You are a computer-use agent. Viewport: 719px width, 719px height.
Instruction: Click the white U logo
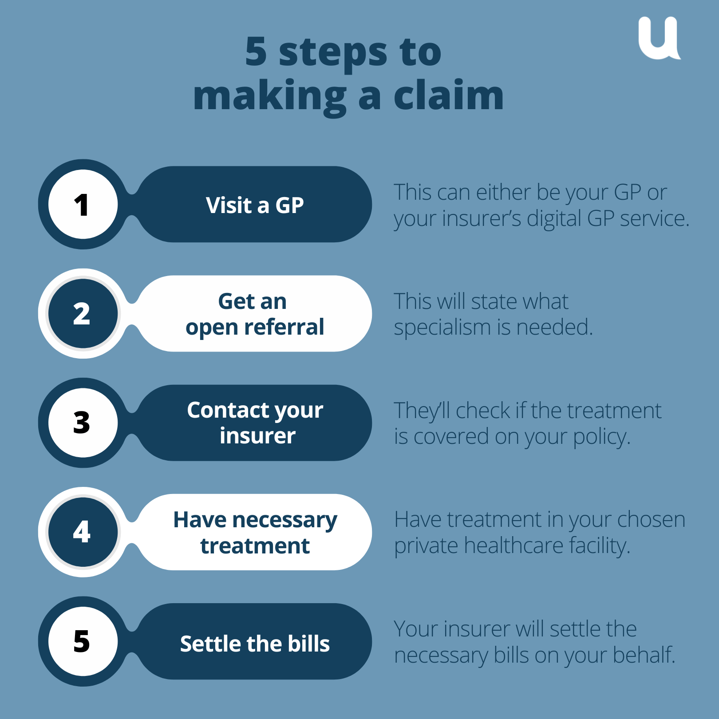pyautogui.click(x=659, y=39)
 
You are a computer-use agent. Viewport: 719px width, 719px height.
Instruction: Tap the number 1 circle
pyautogui.click(x=83, y=205)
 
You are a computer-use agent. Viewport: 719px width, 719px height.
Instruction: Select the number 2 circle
pyautogui.click(x=83, y=314)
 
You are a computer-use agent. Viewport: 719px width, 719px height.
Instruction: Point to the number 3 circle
pyautogui.click(x=83, y=423)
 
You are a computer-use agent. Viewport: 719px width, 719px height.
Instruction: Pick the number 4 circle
pyautogui.click(x=83, y=532)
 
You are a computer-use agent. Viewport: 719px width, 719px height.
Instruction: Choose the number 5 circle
pyautogui.click(x=83, y=641)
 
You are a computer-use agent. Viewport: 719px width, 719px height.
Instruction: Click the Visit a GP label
pyautogui.click(x=255, y=205)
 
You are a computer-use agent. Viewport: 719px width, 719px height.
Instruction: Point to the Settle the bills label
pyautogui.click(x=255, y=644)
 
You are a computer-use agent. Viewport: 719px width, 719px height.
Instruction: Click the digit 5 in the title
pyautogui.click(x=256, y=52)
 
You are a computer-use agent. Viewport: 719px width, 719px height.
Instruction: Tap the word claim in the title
pyautogui.click(x=449, y=95)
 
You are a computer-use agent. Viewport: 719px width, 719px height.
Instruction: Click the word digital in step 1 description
pyautogui.click(x=554, y=219)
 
